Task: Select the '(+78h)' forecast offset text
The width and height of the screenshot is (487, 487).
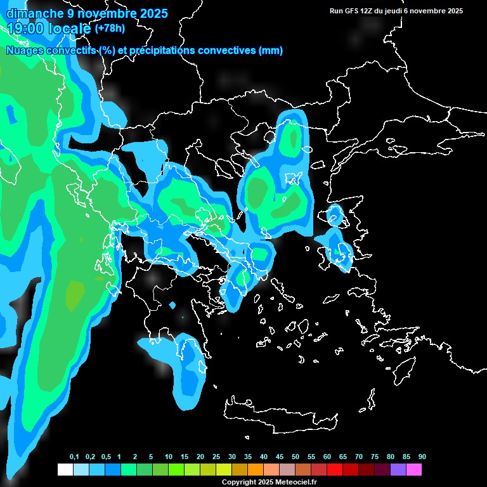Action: (110, 28)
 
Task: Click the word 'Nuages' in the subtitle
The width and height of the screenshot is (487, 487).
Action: (26, 51)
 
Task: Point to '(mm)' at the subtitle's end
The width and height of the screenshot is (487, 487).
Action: (271, 51)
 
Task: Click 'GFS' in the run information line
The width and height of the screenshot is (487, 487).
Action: (357, 11)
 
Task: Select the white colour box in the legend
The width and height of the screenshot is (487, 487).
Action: (65, 469)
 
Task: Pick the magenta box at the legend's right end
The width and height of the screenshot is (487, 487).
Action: (413, 469)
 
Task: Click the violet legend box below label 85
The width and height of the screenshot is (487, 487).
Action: (398, 469)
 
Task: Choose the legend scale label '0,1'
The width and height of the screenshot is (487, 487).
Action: (74, 457)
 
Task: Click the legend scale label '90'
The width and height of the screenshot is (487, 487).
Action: (422, 457)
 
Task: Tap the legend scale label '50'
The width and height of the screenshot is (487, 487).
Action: (295, 457)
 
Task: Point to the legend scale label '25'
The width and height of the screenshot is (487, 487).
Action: (216, 457)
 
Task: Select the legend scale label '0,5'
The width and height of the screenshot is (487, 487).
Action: (106, 457)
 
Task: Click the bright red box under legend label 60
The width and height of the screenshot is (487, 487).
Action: (334, 469)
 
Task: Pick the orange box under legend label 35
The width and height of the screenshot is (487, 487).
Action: (255, 469)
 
